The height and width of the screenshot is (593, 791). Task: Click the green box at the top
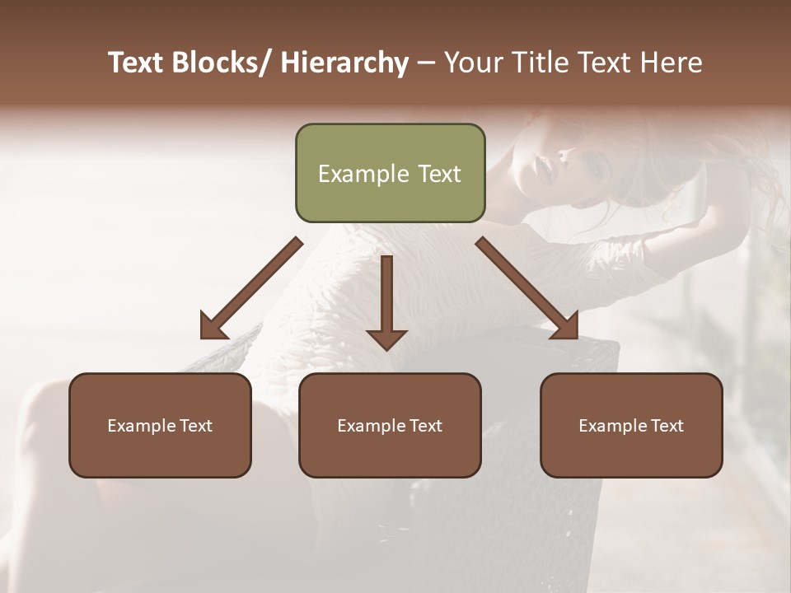point(390,173)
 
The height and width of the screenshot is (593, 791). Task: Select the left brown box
point(160,425)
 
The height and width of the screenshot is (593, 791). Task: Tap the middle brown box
point(390,425)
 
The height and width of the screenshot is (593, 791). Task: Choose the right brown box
point(631,425)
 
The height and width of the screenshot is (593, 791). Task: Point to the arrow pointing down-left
point(252,288)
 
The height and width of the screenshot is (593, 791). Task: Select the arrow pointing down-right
point(527,288)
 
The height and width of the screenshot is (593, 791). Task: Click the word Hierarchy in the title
point(344,63)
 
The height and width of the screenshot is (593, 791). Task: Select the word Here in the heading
point(672,63)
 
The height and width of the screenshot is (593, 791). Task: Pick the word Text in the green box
point(439,174)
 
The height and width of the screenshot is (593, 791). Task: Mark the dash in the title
point(426,64)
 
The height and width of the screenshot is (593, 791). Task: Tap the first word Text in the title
point(137,63)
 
